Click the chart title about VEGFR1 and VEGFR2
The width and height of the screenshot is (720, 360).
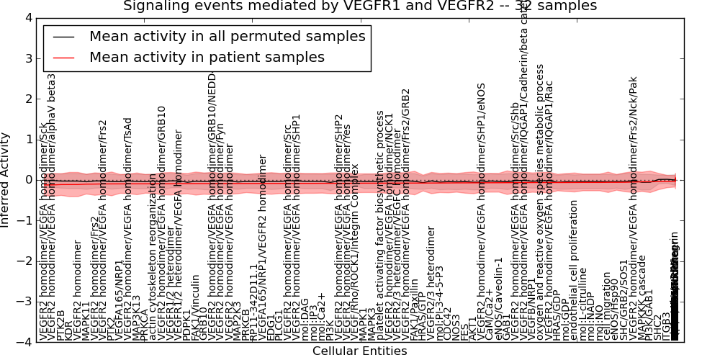[359, 6]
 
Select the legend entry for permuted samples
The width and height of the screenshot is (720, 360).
[227, 36]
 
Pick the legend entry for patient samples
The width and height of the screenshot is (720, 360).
[207, 57]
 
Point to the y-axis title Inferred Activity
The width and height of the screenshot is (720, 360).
[6, 180]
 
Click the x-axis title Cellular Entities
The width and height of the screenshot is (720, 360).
[359, 351]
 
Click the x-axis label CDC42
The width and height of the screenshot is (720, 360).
[448, 324]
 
